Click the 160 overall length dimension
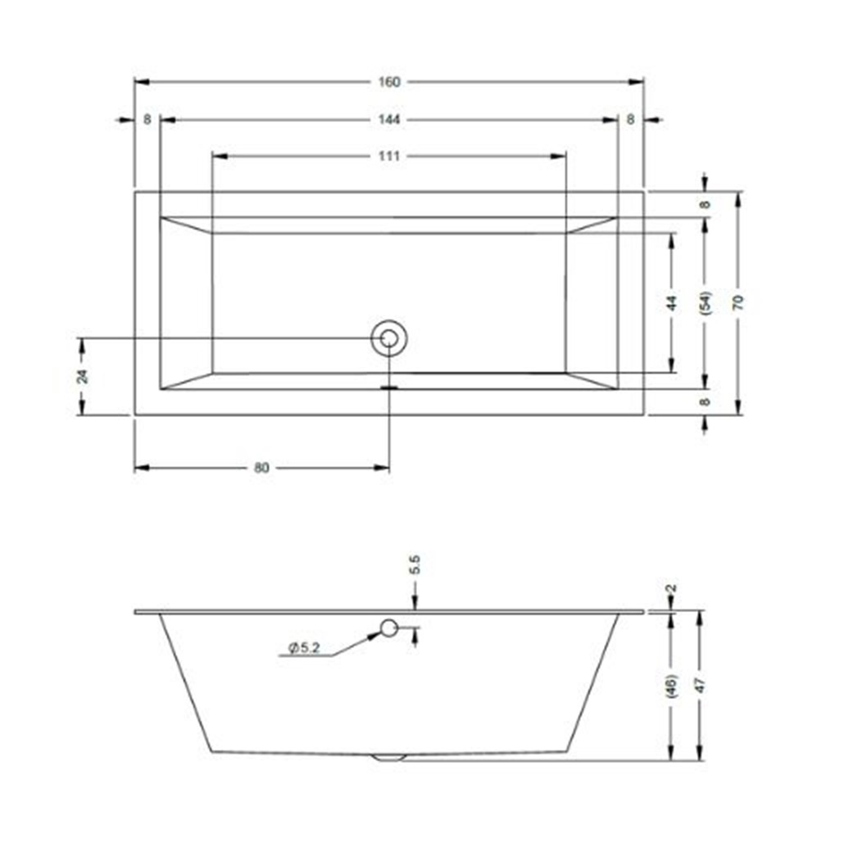tap(389, 82)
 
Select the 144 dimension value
tap(389, 120)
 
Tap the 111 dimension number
tap(389, 156)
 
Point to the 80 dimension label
tap(261, 468)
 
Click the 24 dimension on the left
tap(83, 376)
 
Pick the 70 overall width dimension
tap(738, 302)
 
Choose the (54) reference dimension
tap(706, 302)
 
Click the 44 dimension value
tap(672, 303)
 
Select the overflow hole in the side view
tap(388, 627)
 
